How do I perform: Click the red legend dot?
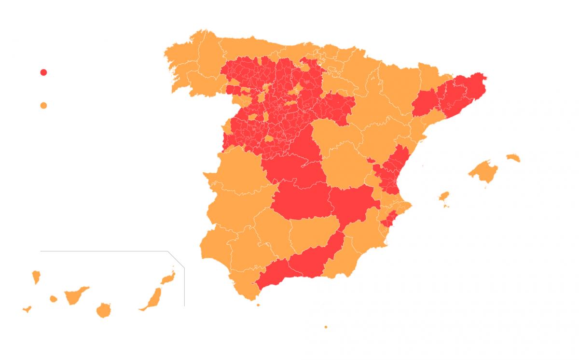tap(43, 72)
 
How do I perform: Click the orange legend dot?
tap(43, 105)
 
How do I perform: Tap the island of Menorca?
tap(513, 158)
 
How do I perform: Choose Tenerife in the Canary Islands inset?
tap(75, 295)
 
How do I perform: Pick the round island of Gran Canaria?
tap(103, 310)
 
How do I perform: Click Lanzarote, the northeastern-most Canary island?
tap(167, 278)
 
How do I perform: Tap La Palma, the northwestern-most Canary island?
tap(36, 277)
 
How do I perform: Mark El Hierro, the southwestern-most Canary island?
tap(27, 309)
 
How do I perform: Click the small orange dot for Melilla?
tap(326, 327)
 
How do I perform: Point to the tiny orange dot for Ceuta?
tap(258, 305)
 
